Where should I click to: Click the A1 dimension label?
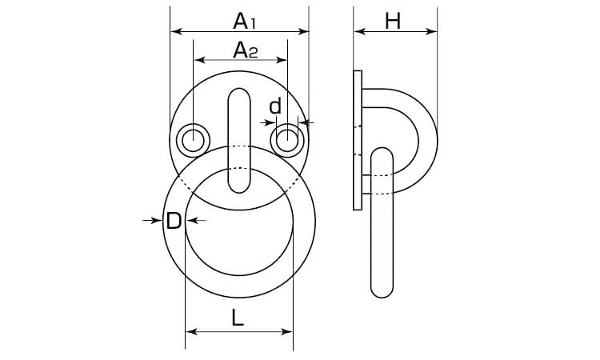click(x=244, y=21)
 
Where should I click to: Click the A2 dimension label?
click(x=246, y=50)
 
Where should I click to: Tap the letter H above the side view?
click(x=393, y=21)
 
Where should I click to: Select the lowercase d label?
click(x=275, y=106)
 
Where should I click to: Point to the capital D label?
click(x=174, y=221)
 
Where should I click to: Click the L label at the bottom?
click(x=238, y=318)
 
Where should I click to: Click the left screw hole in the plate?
click(x=193, y=141)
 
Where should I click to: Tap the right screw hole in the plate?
click(x=287, y=141)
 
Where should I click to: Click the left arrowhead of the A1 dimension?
click(x=176, y=31)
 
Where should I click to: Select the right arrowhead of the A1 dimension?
click(x=303, y=31)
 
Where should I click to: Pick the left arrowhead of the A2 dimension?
click(x=199, y=60)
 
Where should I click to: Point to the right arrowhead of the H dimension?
click(x=431, y=31)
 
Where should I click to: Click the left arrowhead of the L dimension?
click(x=191, y=331)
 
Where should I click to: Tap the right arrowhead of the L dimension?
click(x=287, y=331)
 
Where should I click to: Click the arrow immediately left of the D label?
click(x=152, y=220)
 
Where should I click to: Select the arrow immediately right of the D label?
click(x=196, y=220)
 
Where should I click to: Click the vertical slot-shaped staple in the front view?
click(x=239, y=141)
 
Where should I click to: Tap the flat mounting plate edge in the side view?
click(x=358, y=141)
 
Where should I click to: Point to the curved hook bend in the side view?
click(x=428, y=141)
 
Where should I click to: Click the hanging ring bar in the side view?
click(x=382, y=222)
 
